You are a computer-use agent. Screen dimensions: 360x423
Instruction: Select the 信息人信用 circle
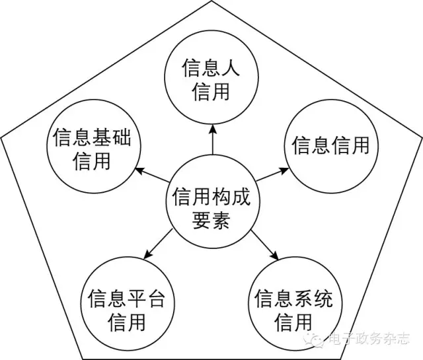211,78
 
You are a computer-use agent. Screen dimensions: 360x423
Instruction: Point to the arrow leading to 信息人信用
212,139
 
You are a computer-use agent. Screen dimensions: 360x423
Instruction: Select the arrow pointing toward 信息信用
273,175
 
